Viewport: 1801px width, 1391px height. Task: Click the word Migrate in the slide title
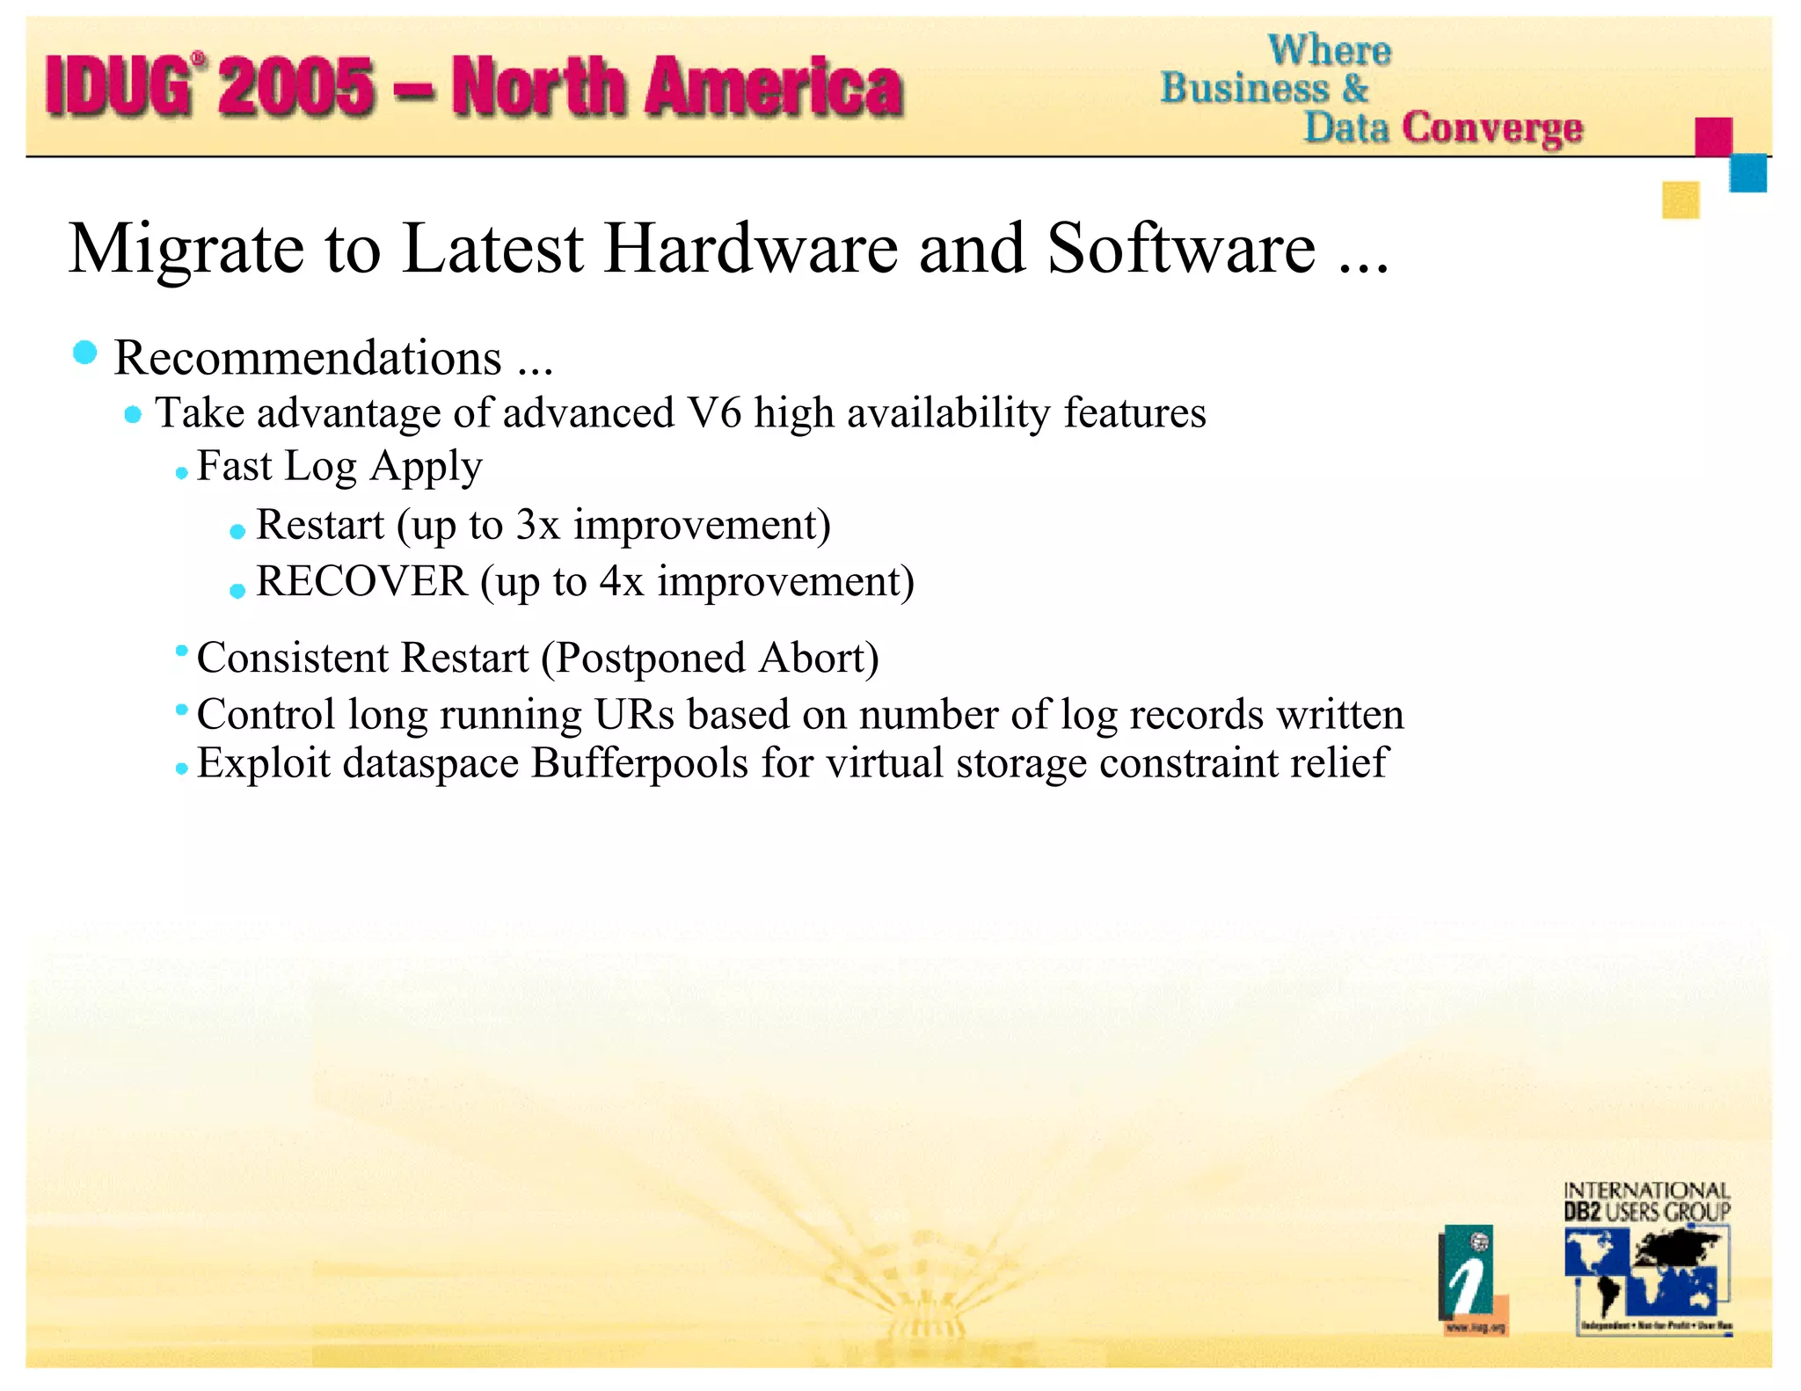tap(186, 250)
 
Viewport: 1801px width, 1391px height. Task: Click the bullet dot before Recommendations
tap(85, 353)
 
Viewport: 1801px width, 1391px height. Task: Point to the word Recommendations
tap(308, 358)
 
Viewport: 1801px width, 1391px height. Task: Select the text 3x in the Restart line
tap(537, 525)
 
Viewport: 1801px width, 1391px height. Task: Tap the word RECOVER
tap(361, 581)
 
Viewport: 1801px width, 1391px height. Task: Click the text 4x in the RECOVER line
tap(621, 581)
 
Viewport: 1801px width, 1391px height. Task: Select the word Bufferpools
tap(639, 762)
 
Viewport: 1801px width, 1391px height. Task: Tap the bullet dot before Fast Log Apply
tap(181, 473)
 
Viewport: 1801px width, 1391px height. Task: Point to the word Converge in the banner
tap(1492, 128)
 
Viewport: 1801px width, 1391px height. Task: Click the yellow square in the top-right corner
tap(1680, 200)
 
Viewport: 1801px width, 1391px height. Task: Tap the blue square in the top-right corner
tap(1747, 172)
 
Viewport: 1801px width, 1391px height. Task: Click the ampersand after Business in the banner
tap(1355, 88)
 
